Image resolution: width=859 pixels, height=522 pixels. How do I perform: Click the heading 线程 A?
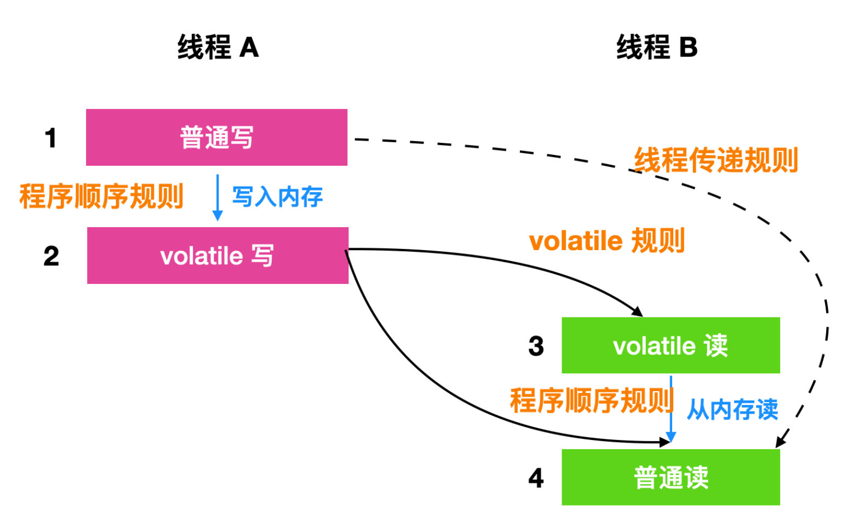[x=218, y=47]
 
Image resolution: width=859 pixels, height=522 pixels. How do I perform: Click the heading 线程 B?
[x=657, y=47]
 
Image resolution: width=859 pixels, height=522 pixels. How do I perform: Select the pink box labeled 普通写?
[x=217, y=137]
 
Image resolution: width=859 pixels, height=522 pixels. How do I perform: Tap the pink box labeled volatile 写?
[x=218, y=256]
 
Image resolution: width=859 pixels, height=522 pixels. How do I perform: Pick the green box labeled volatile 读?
[x=671, y=345]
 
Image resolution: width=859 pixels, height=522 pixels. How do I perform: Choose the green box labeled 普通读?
[x=671, y=477]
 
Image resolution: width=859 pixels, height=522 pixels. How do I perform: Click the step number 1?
[x=51, y=138]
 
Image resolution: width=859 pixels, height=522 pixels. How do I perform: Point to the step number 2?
[x=51, y=256]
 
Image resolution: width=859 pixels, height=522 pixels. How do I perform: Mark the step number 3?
[x=536, y=346]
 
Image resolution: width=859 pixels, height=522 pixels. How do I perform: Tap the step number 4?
[x=536, y=478]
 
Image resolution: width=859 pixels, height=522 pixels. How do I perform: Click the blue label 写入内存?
[x=277, y=197]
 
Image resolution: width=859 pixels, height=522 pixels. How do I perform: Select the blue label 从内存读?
[x=732, y=409]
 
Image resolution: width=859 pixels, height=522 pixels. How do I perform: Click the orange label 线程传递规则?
[x=716, y=160]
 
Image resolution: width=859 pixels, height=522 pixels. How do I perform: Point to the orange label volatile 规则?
[x=606, y=241]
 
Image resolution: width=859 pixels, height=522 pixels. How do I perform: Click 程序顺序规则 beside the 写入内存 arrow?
[x=101, y=196]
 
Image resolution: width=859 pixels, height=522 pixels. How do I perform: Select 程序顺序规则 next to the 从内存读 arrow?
[x=592, y=400]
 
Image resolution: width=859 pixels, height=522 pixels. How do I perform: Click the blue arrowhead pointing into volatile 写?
[x=217, y=216]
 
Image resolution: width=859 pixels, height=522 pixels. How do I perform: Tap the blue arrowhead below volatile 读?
[x=671, y=437]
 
